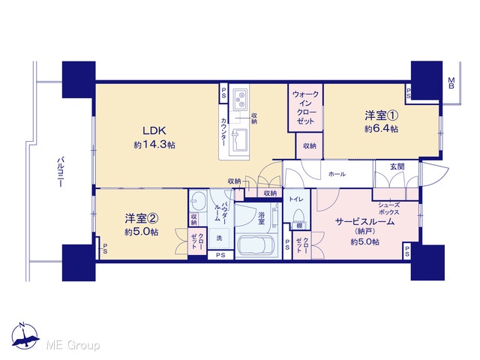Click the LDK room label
pyautogui.click(x=154, y=130)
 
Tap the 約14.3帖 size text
pyautogui.click(x=154, y=145)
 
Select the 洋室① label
pyautogui.click(x=381, y=115)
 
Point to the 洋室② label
pyautogui.click(x=141, y=218)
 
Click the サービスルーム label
pyautogui.click(x=364, y=222)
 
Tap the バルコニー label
pyautogui.click(x=61, y=172)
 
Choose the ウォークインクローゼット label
pyautogui.click(x=305, y=107)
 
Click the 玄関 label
pyautogui.click(x=397, y=166)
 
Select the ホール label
pyautogui.click(x=337, y=174)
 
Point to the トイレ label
pyautogui.click(x=296, y=199)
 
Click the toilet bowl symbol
pyautogui.click(x=298, y=215)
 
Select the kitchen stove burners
pyautogui.click(x=241, y=99)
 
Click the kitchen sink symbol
pyautogui.click(x=241, y=140)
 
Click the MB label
pyautogui.click(x=451, y=83)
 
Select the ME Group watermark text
pyautogui.click(x=73, y=345)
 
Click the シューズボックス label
pyautogui.click(x=388, y=208)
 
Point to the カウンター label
pyautogui.click(x=223, y=132)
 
